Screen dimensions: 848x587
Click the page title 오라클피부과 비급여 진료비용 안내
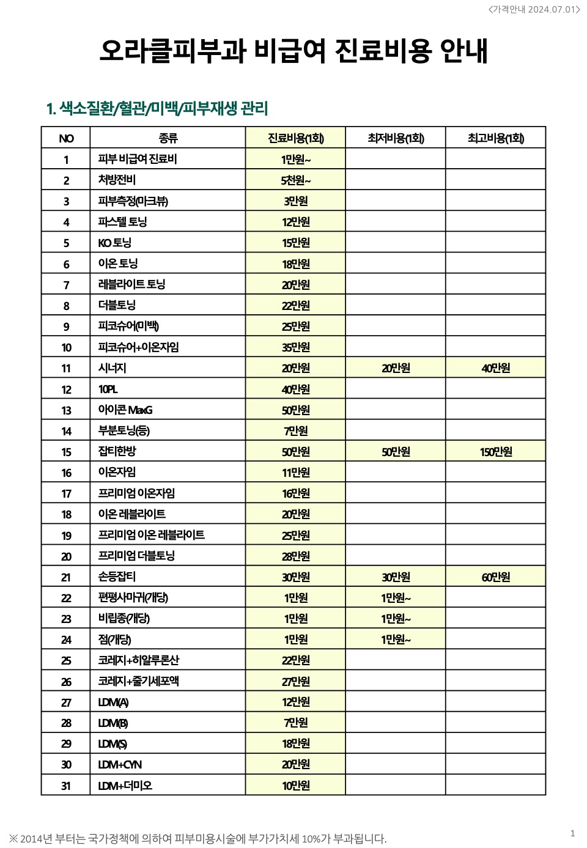coord(293,50)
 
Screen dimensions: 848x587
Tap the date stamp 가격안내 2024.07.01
coord(534,9)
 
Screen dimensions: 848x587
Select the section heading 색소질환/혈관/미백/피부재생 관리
coord(157,109)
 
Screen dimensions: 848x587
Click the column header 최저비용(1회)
coord(396,138)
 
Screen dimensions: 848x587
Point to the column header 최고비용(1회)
coord(495,138)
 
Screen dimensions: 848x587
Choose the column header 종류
coord(168,138)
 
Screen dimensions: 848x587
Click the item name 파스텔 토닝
coord(122,222)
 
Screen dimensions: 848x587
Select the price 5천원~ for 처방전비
coord(296,180)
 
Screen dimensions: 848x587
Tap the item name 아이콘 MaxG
coord(125,410)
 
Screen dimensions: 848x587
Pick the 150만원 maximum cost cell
coord(495,452)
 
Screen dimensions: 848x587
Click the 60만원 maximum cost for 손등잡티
coord(495,577)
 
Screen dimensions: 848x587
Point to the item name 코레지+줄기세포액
coord(139,681)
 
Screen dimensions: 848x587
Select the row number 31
coord(66,786)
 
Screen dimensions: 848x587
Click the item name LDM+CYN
coord(120,765)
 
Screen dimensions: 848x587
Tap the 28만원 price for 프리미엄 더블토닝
coord(296,556)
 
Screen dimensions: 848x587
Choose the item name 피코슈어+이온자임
coord(139,347)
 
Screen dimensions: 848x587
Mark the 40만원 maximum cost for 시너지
coord(495,368)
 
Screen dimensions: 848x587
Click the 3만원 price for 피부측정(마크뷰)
coord(296,201)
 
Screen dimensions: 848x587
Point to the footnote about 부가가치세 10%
coord(198,838)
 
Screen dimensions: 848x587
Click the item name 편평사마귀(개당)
coord(133,598)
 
